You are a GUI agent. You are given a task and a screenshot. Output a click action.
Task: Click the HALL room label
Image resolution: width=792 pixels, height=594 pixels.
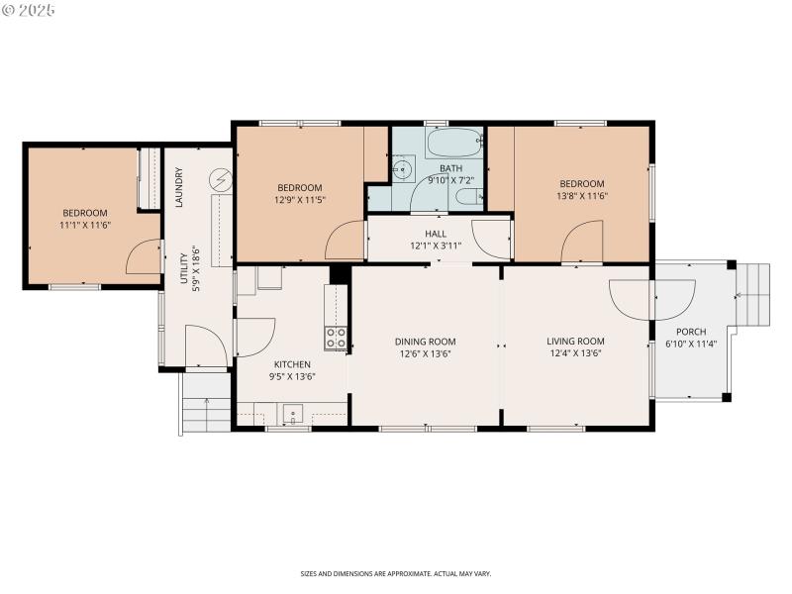[436, 234]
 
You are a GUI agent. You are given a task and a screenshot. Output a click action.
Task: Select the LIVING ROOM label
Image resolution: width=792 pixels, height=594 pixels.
[575, 342]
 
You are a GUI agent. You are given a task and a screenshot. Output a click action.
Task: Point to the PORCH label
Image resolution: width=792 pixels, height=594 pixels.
[691, 332]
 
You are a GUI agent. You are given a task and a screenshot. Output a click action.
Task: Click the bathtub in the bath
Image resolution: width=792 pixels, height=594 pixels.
[454, 144]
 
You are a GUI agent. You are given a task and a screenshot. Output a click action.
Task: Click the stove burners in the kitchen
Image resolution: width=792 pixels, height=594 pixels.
[337, 339]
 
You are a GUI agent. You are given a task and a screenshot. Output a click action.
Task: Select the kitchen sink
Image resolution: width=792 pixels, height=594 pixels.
[293, 414]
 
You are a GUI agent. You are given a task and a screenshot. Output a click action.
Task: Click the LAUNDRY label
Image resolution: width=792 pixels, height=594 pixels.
[179, 189]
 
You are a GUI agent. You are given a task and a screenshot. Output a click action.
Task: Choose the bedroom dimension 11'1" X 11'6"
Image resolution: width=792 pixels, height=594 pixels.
[85, 225]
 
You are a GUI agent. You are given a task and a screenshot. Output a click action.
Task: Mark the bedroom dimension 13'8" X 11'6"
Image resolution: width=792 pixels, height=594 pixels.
[581, 196]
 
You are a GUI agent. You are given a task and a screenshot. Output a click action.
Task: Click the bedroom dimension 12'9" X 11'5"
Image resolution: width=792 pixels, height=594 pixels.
[299, 200]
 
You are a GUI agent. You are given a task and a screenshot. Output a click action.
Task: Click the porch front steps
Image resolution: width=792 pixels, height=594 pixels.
[754, 294]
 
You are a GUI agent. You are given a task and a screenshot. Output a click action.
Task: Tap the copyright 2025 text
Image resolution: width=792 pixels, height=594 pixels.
[29, 9]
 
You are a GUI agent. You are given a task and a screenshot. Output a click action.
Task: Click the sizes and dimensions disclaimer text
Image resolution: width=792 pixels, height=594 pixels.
[396, 573]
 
